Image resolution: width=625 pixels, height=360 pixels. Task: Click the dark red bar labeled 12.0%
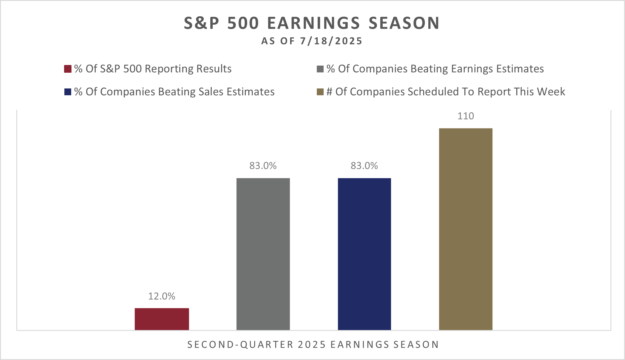click(162, 319)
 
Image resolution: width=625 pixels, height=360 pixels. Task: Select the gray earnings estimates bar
click(263, 254)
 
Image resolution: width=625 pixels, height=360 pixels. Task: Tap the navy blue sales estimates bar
click(364, 254)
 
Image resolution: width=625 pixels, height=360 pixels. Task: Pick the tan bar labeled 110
click(466, 229)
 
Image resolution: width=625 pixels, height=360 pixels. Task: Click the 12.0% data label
click(162, 296)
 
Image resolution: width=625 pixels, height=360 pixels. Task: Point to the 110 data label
click(466, 116)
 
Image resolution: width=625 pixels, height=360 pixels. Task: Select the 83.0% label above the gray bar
click(263, 166)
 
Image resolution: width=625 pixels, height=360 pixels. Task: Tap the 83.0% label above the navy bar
click(364, 166)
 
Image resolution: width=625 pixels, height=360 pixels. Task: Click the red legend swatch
click(68, 69)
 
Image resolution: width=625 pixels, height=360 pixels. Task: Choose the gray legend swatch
click(320, 69)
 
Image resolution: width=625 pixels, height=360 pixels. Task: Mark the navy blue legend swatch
click(68, 92)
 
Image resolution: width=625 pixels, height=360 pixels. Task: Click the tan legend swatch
click(320, 92)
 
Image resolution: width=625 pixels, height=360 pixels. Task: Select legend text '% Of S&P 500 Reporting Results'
click(153, 69)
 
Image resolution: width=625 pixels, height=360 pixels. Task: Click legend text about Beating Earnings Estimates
click(435, 69)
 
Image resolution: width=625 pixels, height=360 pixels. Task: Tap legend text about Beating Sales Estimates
click(174, 92)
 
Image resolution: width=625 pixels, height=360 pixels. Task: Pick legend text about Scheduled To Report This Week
click(446, 92)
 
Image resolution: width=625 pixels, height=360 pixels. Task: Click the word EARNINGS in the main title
click(314, 23)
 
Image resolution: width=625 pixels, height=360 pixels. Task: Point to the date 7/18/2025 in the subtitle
click(331, 41)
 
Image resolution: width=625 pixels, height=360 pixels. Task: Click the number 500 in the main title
click(243, 23)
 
